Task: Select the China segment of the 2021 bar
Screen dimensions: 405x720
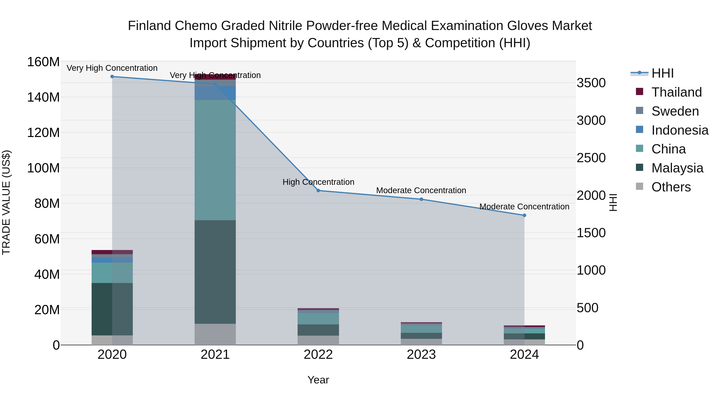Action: coord(215,160)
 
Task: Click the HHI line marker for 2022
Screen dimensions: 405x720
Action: coord(318,191)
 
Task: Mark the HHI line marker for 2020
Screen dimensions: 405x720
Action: coord(112,77)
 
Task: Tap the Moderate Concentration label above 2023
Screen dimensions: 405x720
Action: coord(421,190)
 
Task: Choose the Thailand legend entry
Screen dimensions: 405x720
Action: coord(676,92)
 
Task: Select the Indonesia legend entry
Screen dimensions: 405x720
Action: coord(680,130)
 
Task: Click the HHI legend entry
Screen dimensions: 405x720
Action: coord(662,73)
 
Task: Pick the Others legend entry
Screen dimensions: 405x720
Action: coord(671,187)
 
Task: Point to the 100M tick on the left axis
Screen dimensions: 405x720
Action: coord(43,168)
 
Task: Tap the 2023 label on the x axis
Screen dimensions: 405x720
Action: coord(421,355)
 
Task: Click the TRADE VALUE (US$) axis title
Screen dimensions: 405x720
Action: coord(6,202)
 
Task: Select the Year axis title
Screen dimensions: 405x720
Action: coord(318,380)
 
